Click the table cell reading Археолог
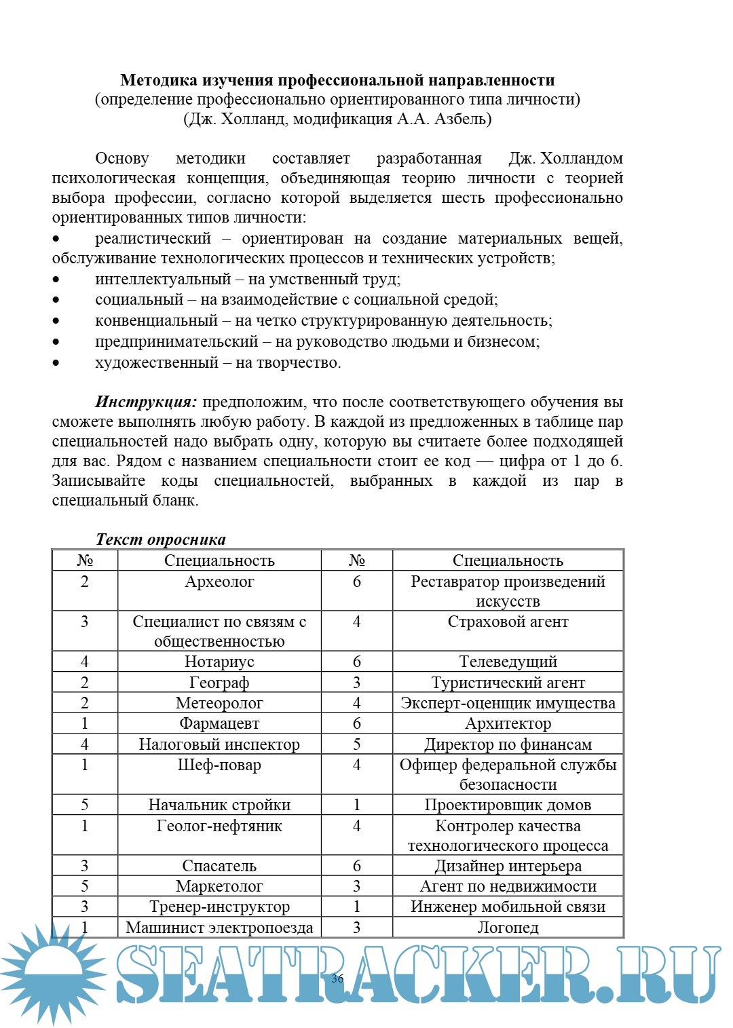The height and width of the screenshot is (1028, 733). pyautogui.click(x=219, y=582)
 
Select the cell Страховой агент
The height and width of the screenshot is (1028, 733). pyautogui.click(x=508, y=622)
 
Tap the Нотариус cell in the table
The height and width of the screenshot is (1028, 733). pyautogui.click(x=219, y=662)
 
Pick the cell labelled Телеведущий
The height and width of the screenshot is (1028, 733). pyautogui.click(x=508, y=662)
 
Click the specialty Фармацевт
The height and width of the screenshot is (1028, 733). pyautogui.click(x=219, y=724)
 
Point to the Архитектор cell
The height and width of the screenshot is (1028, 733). pyautogui.click(x=508, y=724)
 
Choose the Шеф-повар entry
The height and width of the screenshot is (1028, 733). pyautogui.click(x=219, y=765)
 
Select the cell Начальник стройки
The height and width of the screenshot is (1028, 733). pyautogui.click(x=219, y=805)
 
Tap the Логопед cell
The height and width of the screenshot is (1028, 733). pyautogui.click(x=508, y=928)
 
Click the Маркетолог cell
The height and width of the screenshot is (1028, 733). pyautogui.click(x=219, y=887)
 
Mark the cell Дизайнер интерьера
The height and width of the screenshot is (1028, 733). pyautogui.click(x=508, y=867)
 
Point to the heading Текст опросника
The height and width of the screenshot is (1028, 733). pyautogui.click(x=161, y=539)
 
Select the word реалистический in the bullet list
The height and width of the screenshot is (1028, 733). pyautogui.click(x=153, y=239)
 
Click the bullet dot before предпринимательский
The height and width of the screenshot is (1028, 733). pyautogui.click(x=56, y=342)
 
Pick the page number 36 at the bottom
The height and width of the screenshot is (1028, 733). pyautogui.click(x=337, y=978)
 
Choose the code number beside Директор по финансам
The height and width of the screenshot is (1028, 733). pyautogui.click(x=356, y=744)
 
